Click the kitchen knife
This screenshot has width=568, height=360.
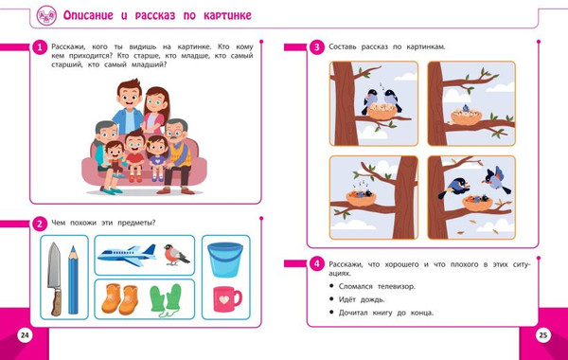55,279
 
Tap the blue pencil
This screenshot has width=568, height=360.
73,279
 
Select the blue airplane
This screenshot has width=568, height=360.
127,255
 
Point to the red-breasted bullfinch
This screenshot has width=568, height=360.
176,255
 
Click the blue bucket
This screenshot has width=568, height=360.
225,260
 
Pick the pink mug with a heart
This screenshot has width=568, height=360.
227,299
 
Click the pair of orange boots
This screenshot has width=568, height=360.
120,299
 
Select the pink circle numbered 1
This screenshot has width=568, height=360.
40,47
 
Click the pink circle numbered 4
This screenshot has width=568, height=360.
316,263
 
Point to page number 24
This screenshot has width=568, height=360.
25,335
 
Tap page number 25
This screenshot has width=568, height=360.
543,335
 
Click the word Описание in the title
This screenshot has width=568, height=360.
88,15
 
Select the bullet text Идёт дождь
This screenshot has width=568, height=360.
362,299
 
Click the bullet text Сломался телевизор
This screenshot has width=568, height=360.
377,286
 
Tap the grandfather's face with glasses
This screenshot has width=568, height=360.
175,133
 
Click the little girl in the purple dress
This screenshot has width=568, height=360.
157,157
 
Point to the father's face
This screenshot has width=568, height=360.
129,98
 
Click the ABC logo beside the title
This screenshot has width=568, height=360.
46,15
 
